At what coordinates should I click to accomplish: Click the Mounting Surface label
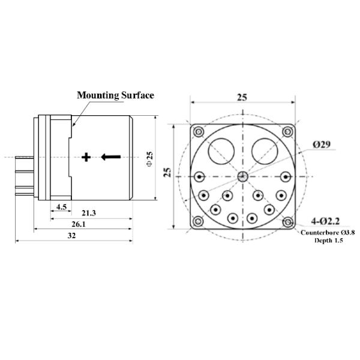tap(115, 95)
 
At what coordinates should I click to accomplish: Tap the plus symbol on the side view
tap(86, 157)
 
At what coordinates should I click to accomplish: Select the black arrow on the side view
tap(111, 157)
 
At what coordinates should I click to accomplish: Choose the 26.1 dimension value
tap(79, 224)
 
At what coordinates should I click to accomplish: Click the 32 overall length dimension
tap(72, 236)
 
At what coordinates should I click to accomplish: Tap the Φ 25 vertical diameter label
tap(150, 158)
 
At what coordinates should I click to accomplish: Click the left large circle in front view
tap(221, 151)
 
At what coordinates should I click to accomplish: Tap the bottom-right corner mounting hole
tap(288, 221)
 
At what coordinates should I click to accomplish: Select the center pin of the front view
tap(242, 176)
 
